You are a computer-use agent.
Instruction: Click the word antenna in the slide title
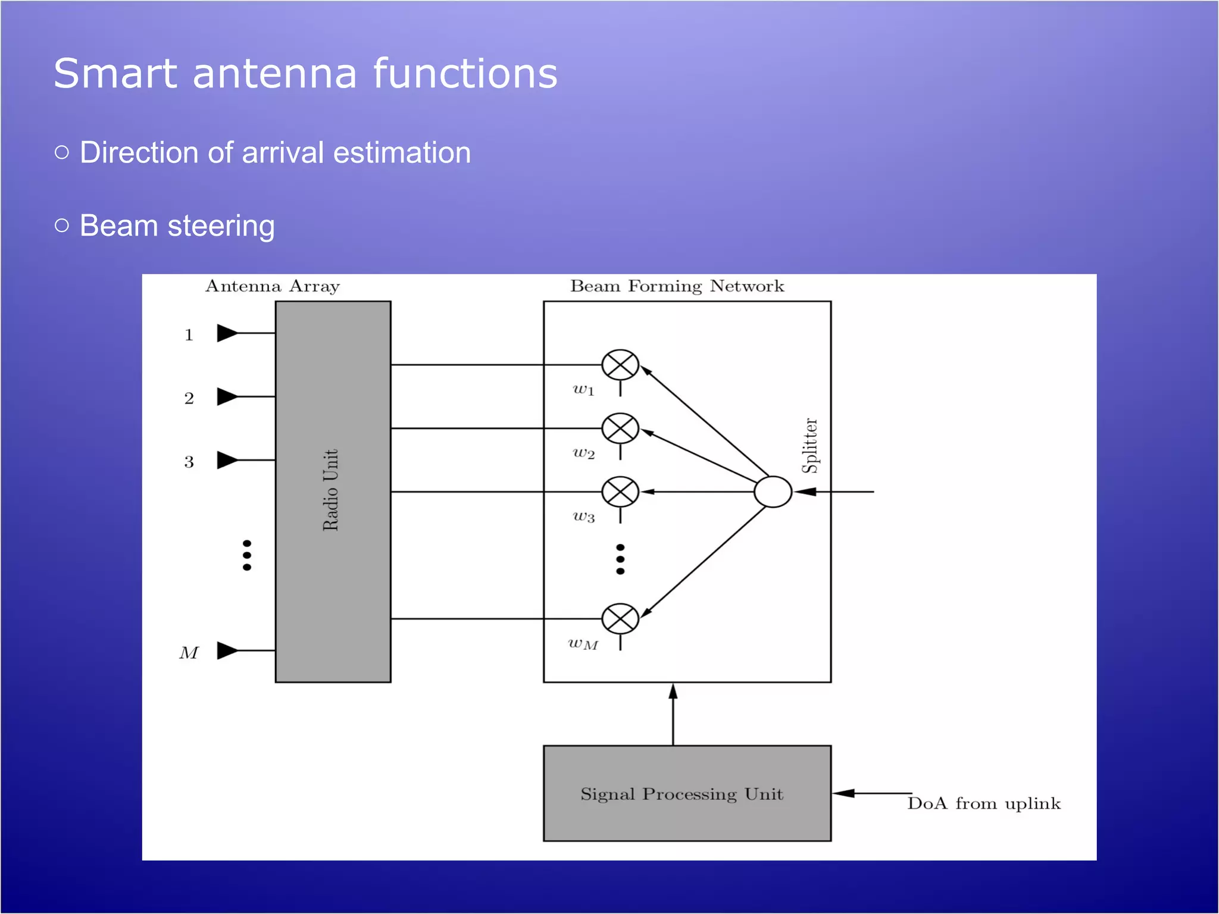[x=275, y=74]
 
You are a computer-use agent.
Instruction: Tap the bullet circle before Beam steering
[x=62, y=226]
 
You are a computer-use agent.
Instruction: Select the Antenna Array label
[x=273, y=286]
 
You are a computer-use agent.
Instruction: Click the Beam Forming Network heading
[x=677, y=286]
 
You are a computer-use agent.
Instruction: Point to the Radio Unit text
[x=331, y=490]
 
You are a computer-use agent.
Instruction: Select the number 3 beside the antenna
[x=189, y=462]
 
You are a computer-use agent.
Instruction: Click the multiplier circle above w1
[x=620, y=365]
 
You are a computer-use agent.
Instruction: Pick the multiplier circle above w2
[x=620, y=428]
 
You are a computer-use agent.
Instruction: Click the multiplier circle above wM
[x=620, y=619]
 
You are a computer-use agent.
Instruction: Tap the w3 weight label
[x=584, y=517]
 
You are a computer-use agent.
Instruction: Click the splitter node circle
[x=773, y=492]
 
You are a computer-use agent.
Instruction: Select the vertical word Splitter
[x=810, y=446]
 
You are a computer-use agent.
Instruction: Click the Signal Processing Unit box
[x=687, y=793]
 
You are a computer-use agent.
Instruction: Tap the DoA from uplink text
[x=984, y=804]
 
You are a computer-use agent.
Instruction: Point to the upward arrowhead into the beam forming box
[x=673, y=691]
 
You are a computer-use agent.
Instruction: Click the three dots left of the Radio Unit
[x=247, y=555]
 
